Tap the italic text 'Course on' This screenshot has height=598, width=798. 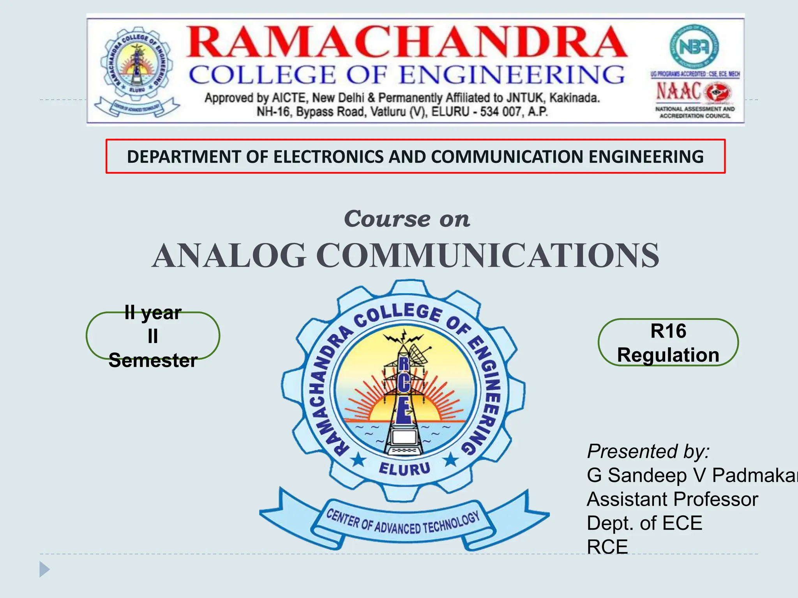coord(407,219)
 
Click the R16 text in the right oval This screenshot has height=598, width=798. coord(668,331)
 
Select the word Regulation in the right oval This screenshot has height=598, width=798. coord(668,355)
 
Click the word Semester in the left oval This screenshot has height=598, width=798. coord(153,361)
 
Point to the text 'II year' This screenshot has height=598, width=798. coord(153,313)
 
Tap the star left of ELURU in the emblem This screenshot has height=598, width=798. coord(358,461)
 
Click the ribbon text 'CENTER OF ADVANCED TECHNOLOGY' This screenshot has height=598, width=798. coord(403,524)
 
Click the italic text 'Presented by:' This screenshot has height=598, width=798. coord(648,452)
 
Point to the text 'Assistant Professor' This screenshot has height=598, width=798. coord(672,500)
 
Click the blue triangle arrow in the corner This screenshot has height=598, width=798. coord(44,569)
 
